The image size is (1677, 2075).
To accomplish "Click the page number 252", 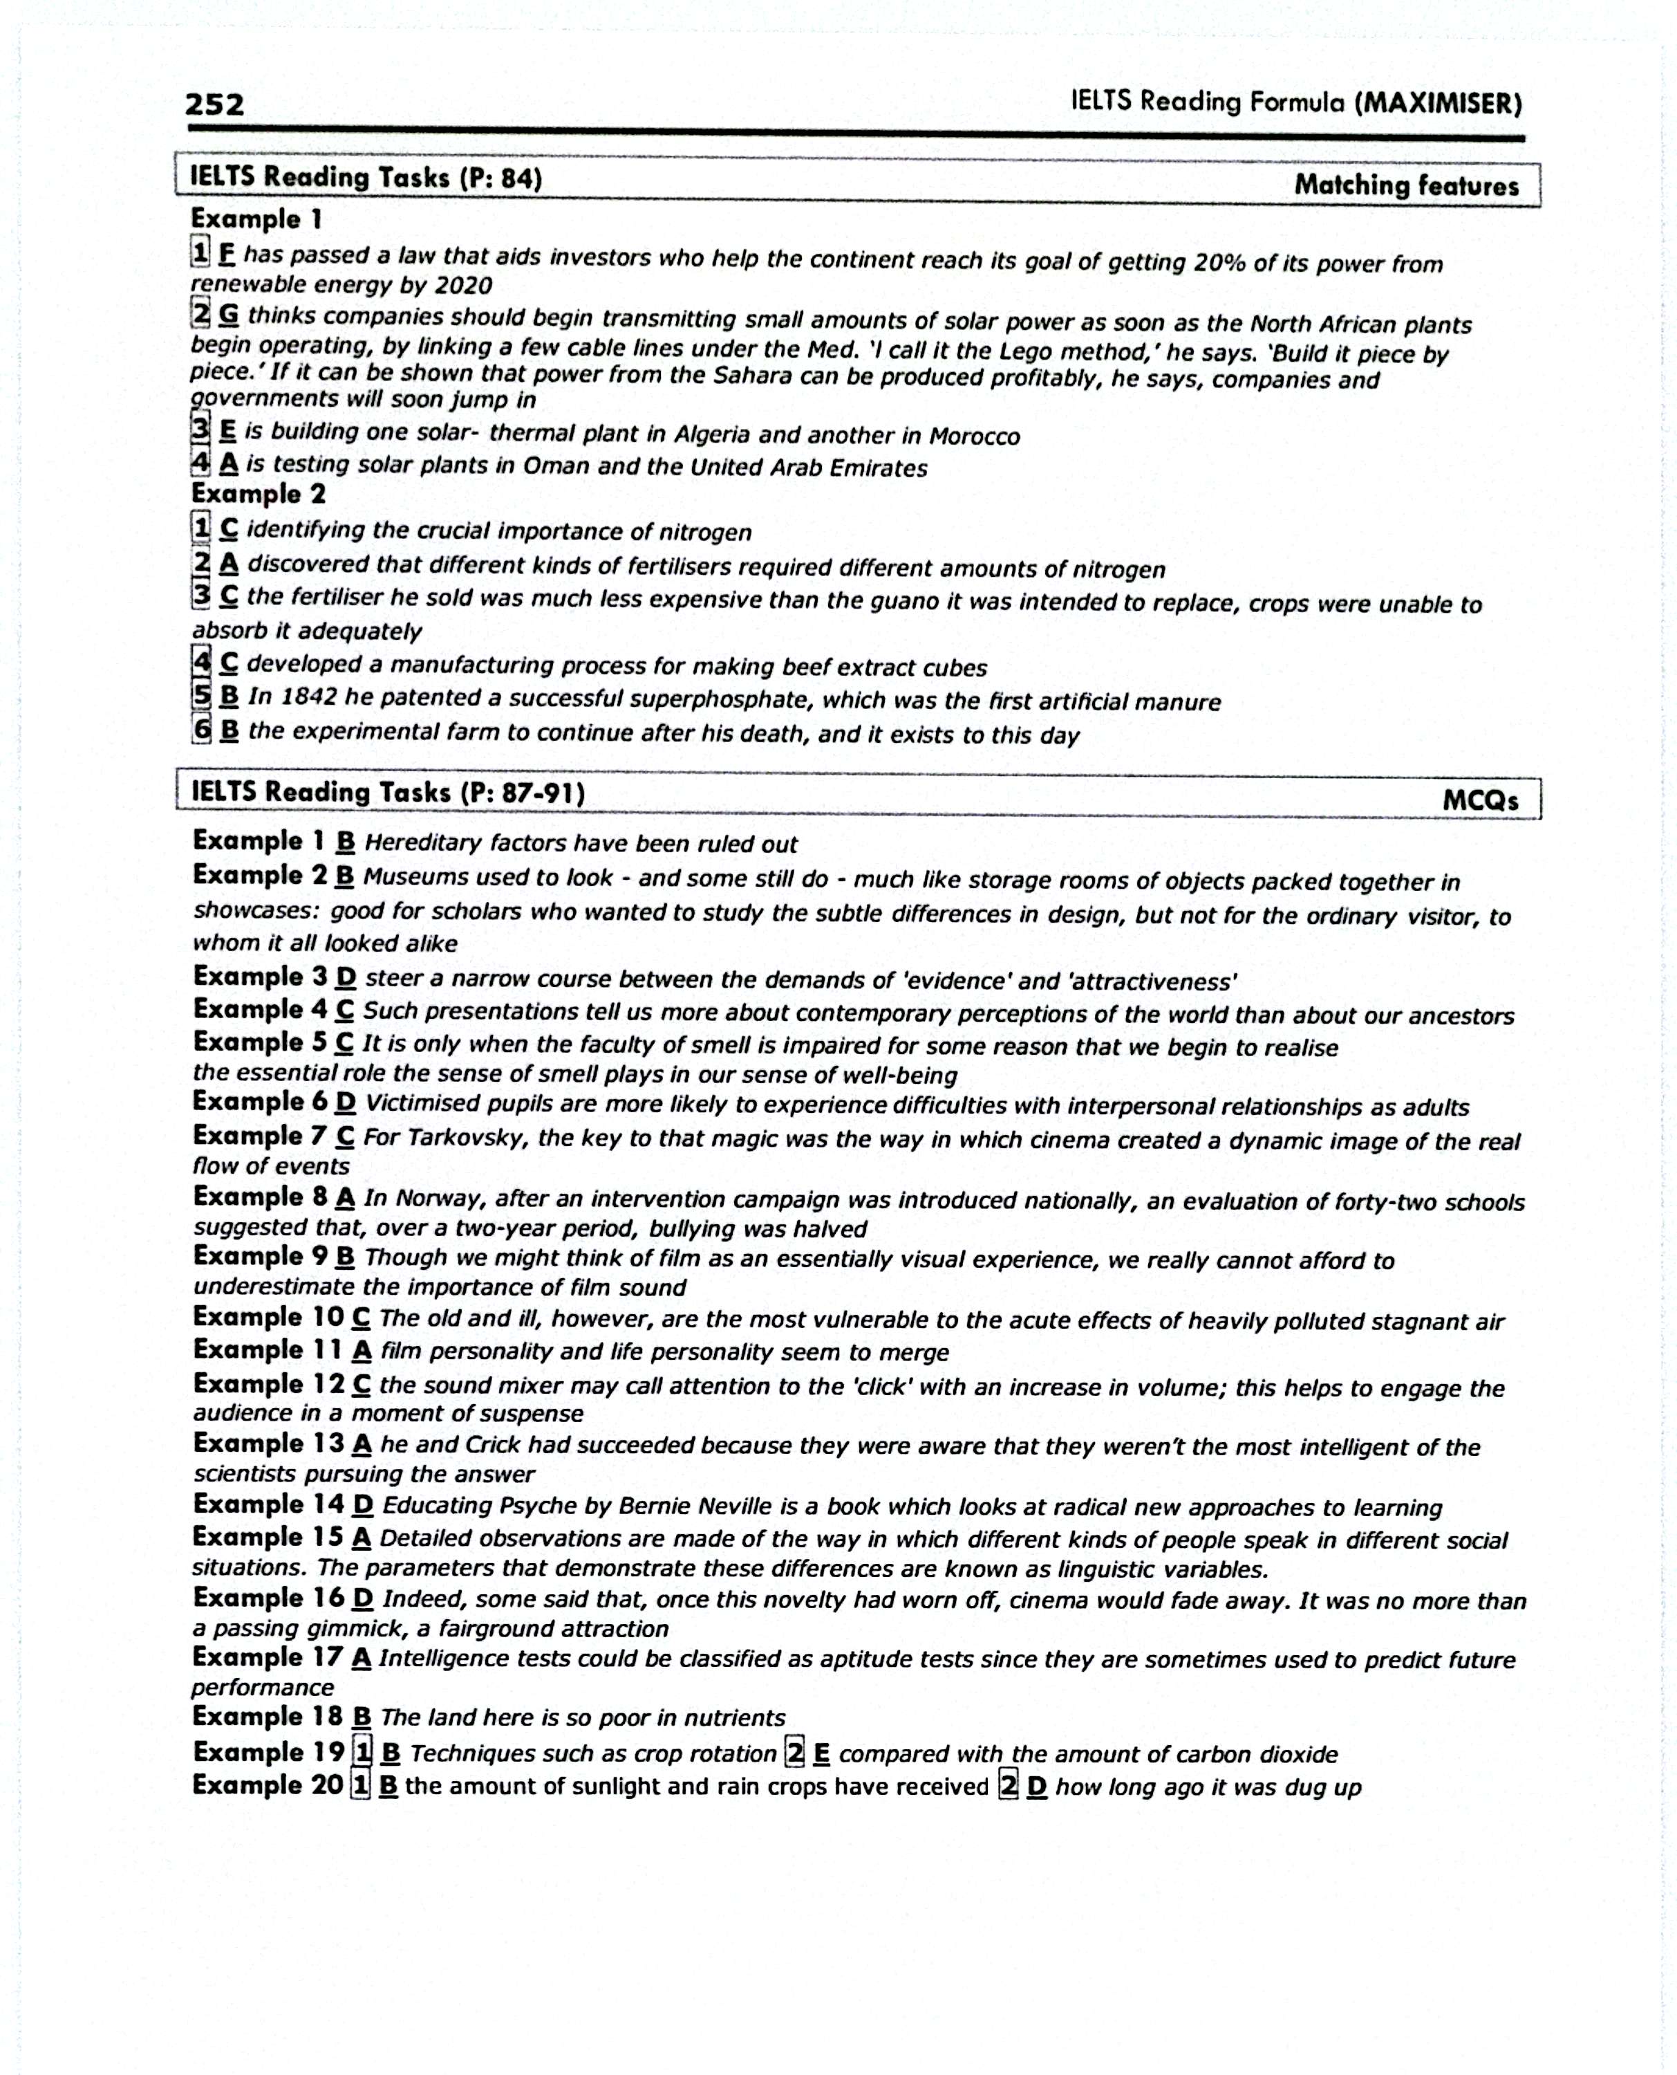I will pyautogui.click(x=214, y=104).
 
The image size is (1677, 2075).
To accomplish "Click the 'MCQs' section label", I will pyautogui.click(x=1480, y=800).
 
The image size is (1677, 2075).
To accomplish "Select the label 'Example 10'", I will pyautogui.click(x=268, y=1318).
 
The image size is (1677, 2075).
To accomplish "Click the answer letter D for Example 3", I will pyautogui.click(x=346, y=978).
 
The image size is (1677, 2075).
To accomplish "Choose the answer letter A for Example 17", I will pyautogui.click(x=362, y=1659).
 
